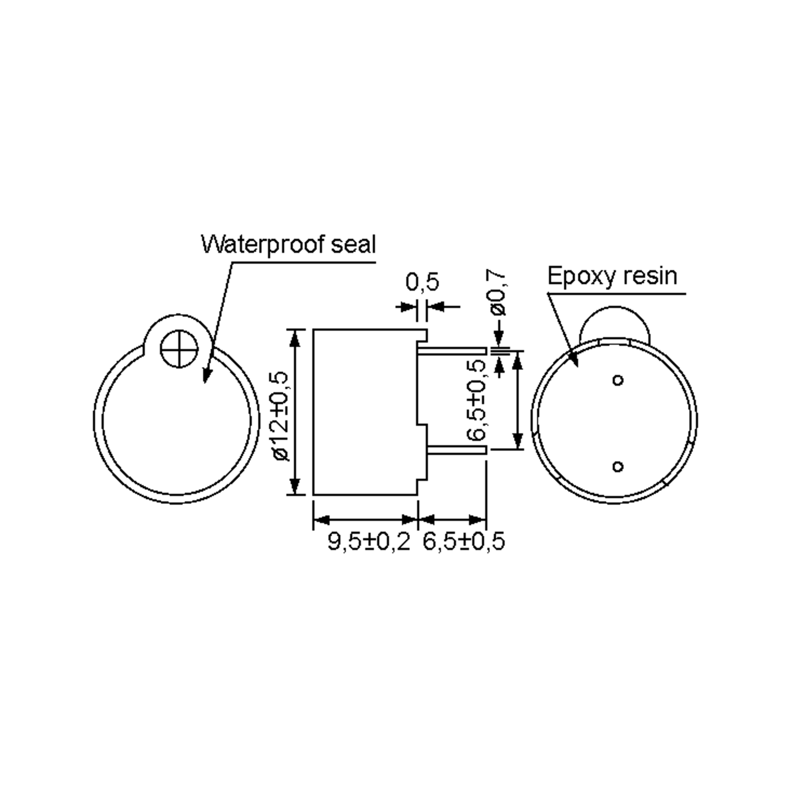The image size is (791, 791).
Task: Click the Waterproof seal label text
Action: pyautogui.click(x=288, y=245)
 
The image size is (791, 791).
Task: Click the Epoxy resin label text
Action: pyautogui.click(x=612, y=276)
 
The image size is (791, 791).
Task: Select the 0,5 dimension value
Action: pyautogui.click(x=422, y=282)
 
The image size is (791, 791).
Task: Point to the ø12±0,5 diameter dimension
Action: pyautogui.click(x=282, y=416)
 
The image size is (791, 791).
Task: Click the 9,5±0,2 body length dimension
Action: pyautogui.click(x=368, y=541)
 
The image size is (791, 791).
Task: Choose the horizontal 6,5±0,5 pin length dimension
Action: pyautogui.click(x=463, y=541)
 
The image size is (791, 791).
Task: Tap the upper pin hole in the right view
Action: pyautogui.click(x=618, y=380)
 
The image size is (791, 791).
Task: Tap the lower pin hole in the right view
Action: pyautogui.click(x=618, y=466)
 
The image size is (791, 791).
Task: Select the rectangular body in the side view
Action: pyautogui.click(x=365, y=411)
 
